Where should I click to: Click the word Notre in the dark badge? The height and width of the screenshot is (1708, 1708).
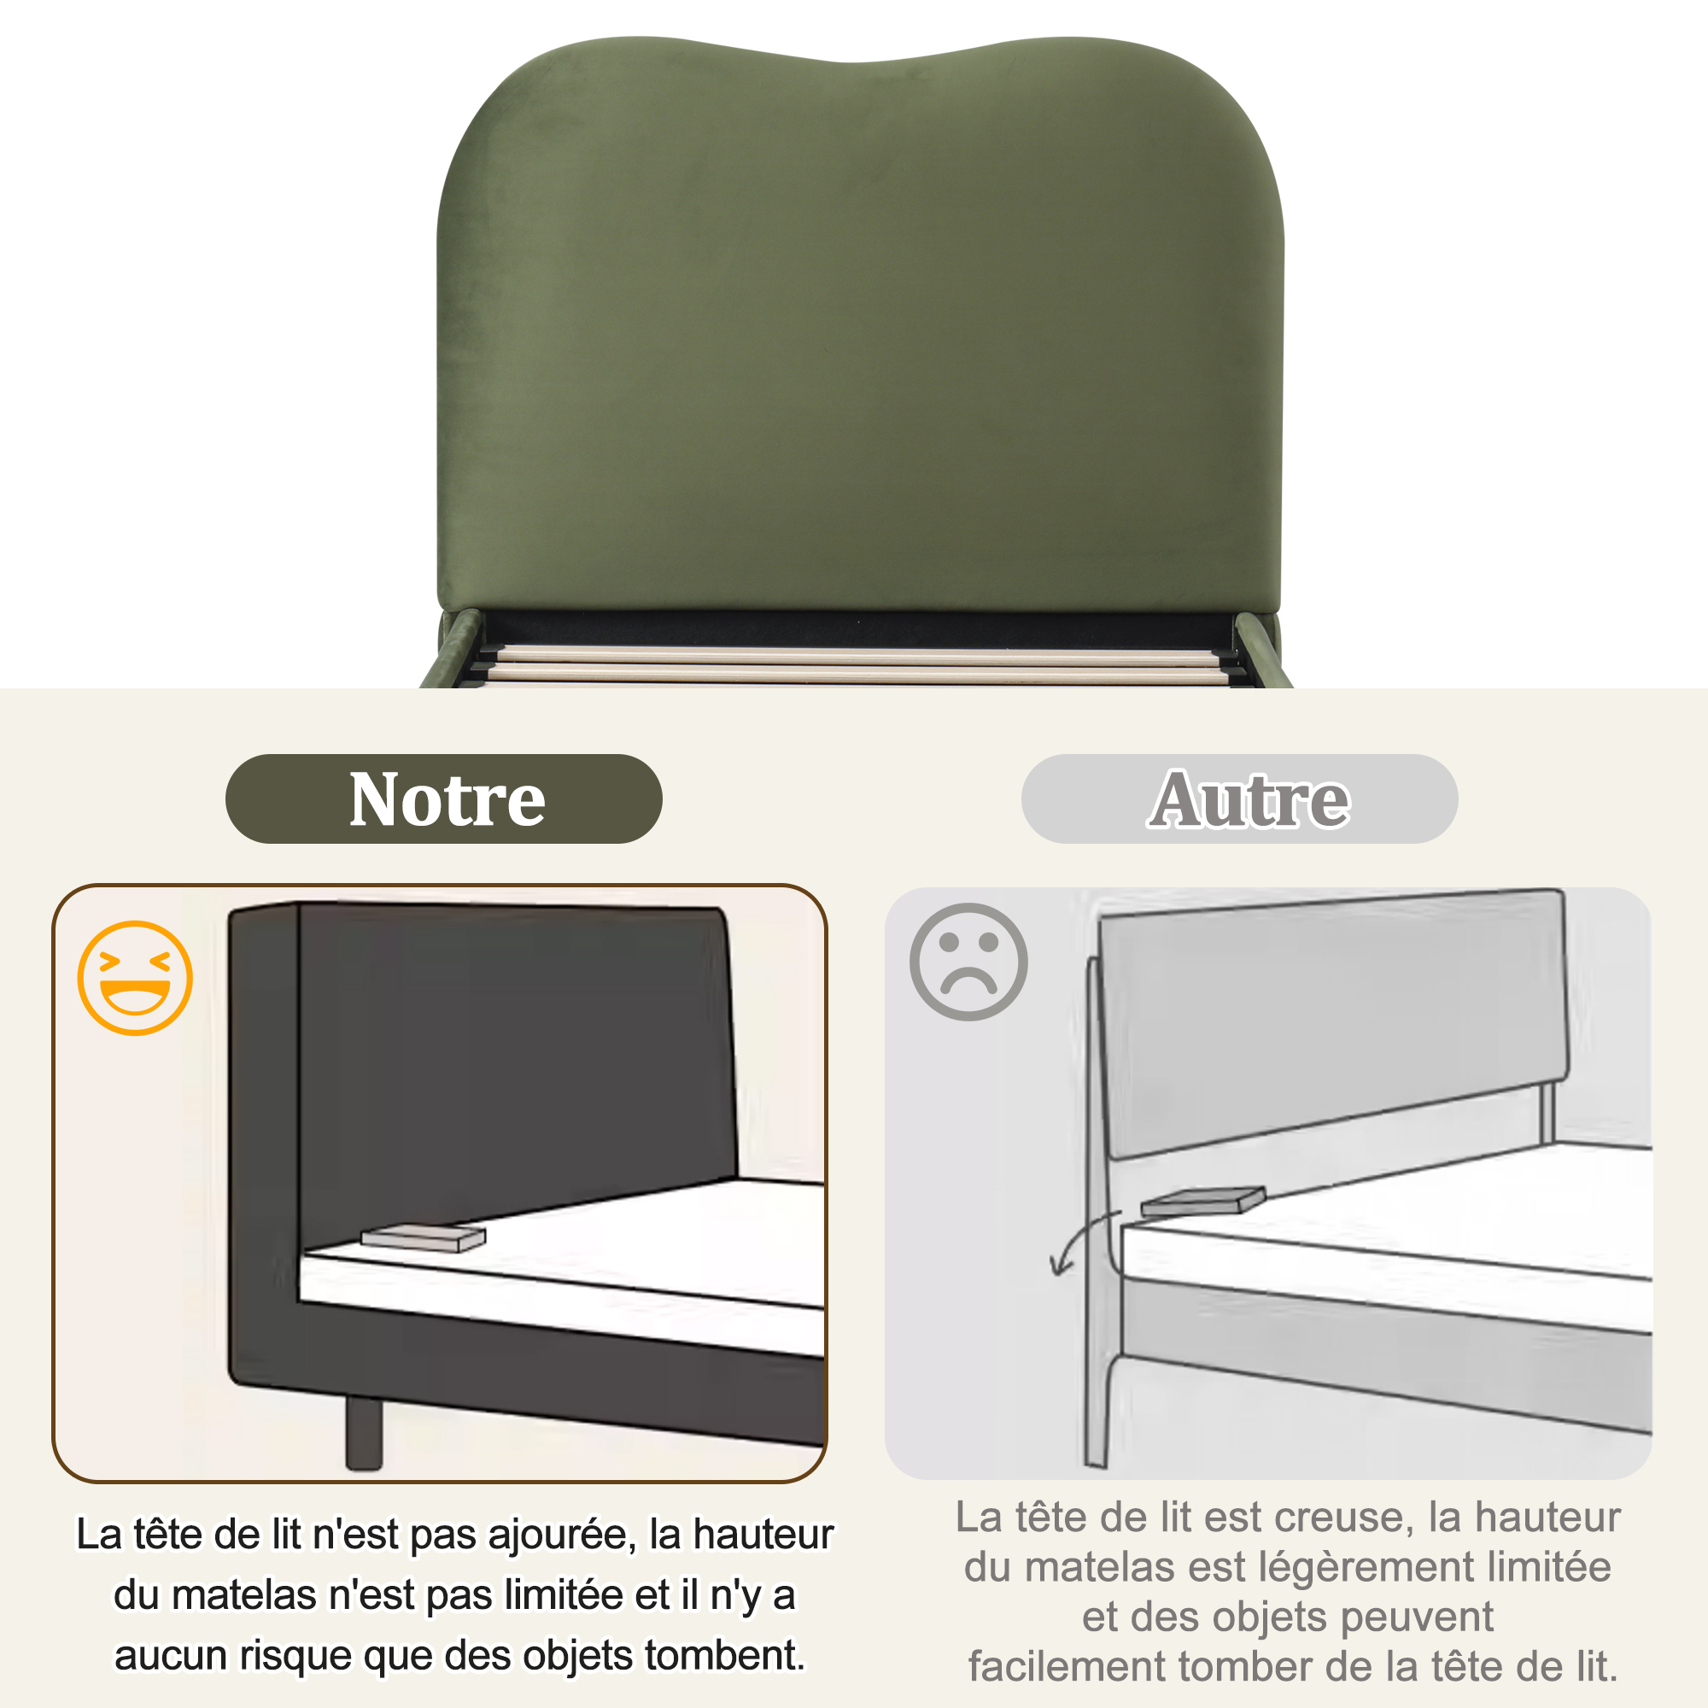[447, 799]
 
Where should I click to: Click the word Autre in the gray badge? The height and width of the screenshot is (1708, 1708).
[1249, 799]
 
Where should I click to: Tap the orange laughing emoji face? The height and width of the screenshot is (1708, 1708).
[135, 978]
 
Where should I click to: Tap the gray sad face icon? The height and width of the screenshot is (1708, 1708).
[969, 962]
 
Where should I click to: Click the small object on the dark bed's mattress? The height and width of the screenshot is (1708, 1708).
[424, 1237]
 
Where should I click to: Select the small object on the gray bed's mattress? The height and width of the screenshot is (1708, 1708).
[1202, 1201]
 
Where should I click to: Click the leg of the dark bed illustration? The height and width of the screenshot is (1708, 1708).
[363, 1433]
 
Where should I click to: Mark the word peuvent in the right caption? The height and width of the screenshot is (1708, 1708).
[1417, 1617]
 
